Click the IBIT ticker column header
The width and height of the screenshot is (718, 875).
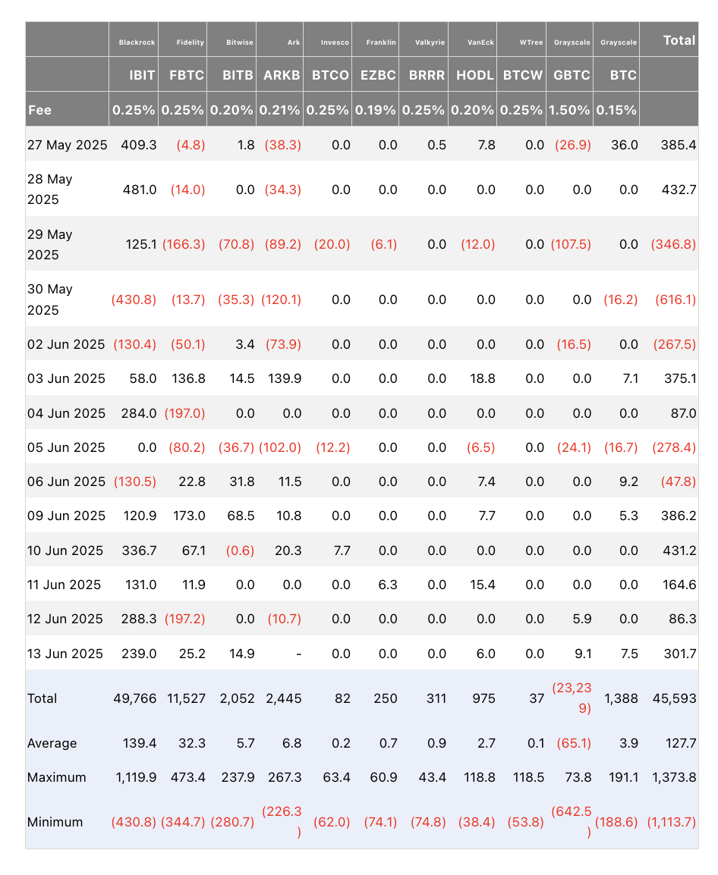pos(142,75)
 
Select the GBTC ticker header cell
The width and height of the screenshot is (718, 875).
pos(572,75)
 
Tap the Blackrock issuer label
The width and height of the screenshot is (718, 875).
pos(137,42)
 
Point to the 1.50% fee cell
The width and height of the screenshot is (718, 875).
pos(569,110)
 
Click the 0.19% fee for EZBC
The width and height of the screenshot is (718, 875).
pos(375,110)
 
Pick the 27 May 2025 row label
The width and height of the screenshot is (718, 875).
pos(67,145)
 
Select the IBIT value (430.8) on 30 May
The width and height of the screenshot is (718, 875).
pos(134,300)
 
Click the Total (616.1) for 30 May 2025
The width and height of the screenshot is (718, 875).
pos(675,300)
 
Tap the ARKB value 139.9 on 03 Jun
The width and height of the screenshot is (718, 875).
pos(285,379)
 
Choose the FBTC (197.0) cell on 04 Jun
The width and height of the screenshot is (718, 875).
pos(185,413)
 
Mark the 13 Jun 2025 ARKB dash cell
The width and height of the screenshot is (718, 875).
pos(299,654)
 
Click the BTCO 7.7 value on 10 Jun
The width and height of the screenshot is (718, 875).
pos(342,550)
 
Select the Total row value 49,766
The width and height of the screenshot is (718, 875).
pos(135,698)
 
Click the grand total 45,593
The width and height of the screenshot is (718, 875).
pos(675,698)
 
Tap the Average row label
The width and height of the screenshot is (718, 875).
pos(52,743)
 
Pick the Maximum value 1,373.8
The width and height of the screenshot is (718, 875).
pos(674,778)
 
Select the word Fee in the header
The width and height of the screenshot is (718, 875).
pos(39,110)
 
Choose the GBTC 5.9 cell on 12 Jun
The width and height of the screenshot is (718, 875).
pos(583,619)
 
